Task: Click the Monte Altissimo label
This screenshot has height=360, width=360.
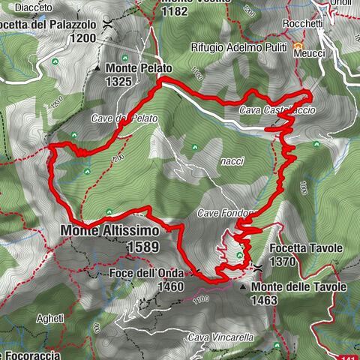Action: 104,232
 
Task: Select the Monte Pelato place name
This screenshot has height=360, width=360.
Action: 139,67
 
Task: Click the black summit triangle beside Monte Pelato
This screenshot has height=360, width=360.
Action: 98,68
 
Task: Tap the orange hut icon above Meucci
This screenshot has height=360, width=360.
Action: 298,45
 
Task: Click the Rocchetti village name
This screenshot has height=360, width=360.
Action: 302,25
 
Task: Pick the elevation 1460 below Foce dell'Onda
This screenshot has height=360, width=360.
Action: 171,286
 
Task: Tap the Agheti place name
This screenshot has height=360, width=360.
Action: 50,318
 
